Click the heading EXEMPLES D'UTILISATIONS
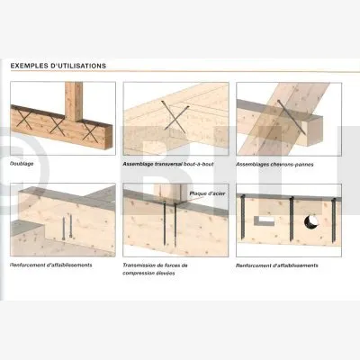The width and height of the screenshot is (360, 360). (58, 66)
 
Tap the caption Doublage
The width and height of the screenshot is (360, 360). (22, 164)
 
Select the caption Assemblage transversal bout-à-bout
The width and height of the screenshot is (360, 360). (168, 165)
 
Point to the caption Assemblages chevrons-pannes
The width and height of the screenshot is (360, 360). (274, 165)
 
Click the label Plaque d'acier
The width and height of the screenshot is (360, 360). (207, 193)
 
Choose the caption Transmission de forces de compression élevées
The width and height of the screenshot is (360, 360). (155, 269)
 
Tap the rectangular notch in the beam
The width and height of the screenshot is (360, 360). (264, 220)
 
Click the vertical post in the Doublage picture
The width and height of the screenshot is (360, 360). (74, 102)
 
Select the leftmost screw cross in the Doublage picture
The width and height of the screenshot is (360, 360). (24, 119)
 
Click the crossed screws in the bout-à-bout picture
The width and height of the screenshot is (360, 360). (175, 117)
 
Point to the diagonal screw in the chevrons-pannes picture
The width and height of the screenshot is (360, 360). (292, 117)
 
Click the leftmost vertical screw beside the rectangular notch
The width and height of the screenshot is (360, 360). (243, 218)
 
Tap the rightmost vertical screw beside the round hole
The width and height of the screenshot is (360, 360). (333, 220)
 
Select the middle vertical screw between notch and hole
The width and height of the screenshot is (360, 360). (292, 219)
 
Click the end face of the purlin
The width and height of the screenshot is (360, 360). (315, 130)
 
